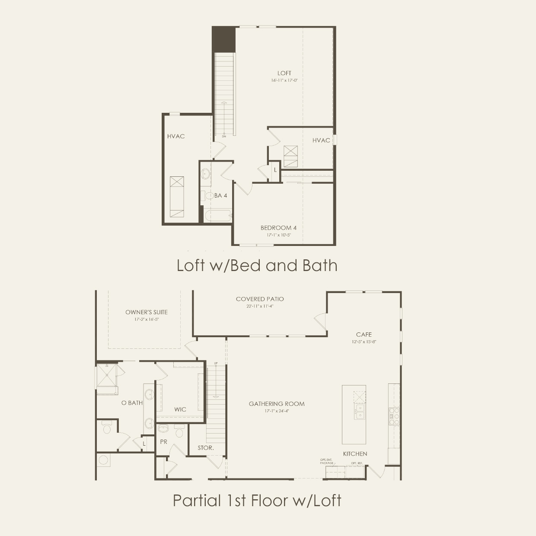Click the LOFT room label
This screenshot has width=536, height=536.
(284, 73)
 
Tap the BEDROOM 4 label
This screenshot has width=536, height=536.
(278, 228)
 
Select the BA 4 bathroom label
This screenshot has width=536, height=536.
(220, 196)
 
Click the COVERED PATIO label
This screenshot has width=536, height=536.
(260, 299)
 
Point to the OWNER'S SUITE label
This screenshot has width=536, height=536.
(147, 312)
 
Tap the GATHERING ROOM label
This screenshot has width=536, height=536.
(276, 404)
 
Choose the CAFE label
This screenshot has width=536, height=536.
(364, 334)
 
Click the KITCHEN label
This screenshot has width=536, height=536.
(355, 453)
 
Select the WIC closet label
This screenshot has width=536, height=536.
(180, 409)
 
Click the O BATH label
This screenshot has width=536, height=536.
(132, 403)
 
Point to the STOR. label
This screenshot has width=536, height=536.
(206, 448)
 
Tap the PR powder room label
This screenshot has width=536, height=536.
(164, 442)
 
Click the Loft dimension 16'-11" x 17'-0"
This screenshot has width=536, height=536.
(284, 80)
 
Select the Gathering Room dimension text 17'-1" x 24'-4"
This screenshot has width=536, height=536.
(276, 411)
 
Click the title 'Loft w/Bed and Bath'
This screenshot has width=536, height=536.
(257, 265)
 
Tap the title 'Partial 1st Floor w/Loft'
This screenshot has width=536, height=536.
(257, 500)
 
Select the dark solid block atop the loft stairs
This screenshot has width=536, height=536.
(223, 40)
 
